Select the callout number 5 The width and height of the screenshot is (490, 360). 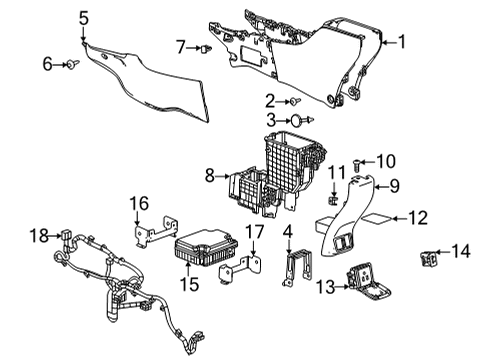click(x=84, y=16)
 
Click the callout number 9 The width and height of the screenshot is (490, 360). click(x=394, y=184)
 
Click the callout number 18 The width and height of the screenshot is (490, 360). click(x=36, y=235)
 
